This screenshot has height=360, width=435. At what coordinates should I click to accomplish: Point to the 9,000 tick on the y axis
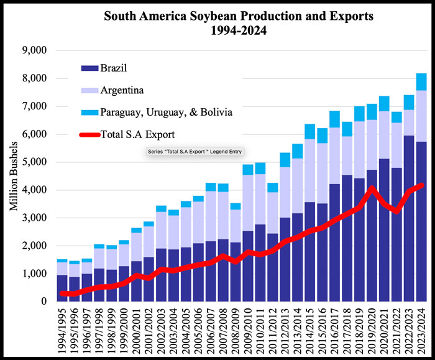coord(40,50)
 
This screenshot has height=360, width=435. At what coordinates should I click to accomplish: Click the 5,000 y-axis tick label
coord(40,162)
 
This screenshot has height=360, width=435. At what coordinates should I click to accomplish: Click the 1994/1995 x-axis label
coord(63,329)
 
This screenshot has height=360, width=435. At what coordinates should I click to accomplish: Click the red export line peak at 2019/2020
coord(372,188)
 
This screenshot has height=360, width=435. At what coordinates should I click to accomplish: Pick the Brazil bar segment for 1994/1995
coord(63,288)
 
